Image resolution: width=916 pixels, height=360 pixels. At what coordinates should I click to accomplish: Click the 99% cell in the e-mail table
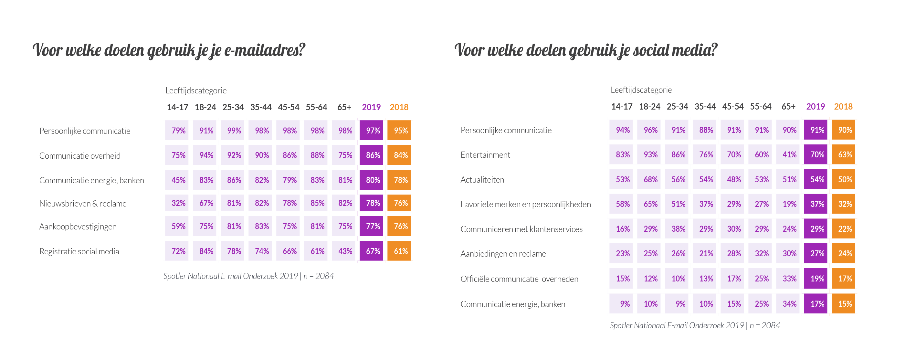pyautogui.click(x=234, y=131)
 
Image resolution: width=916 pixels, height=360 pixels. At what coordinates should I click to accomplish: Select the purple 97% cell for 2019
pyautogui.click(x=372, y=131)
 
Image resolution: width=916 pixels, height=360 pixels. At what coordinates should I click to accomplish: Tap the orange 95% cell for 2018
pyautogui.click(x=400, y=131)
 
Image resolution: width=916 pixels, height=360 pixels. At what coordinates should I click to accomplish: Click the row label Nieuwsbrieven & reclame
pyautogui.click(x=83, y=204)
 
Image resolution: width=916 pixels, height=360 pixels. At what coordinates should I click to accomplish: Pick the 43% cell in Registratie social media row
pyautogui.click(x=344, y=251)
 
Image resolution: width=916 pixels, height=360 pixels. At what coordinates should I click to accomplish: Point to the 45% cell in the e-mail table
pyautogui.click(x=178, y=180)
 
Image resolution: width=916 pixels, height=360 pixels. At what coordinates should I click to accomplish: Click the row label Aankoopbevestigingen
pyautogui.click(x=78, y=227)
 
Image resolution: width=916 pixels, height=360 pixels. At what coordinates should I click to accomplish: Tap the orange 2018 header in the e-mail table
pyautogui.click(x=399, y=107)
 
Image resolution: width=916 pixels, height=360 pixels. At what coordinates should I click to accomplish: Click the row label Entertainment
pyautogui.click(x=485, y=155)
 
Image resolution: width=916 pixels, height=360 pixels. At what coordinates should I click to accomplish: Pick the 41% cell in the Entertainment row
pyautogui.click(x=789, y=154)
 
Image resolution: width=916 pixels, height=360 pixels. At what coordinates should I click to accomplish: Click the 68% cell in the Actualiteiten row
pyautogui.click(x=650, y=179)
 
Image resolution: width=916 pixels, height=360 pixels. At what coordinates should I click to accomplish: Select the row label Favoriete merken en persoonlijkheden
pyautogui.click(x=525, y=204)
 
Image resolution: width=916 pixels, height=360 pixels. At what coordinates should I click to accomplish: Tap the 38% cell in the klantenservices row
pyautogui.click(x=678, y=229)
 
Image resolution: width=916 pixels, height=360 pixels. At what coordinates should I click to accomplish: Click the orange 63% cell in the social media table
pyautogui.click(x=845, y=154)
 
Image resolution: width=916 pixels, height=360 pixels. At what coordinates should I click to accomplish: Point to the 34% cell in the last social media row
pyautogui.click(x=789, y=304)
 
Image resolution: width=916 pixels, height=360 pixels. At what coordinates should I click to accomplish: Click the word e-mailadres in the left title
pyautogui.click(x=265, y=50)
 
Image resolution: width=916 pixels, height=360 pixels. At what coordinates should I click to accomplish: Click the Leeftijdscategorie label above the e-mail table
pyautogui.click(x=195, y=90)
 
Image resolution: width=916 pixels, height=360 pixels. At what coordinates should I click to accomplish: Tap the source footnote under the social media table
pyautogui.click(x=694, y=325)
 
